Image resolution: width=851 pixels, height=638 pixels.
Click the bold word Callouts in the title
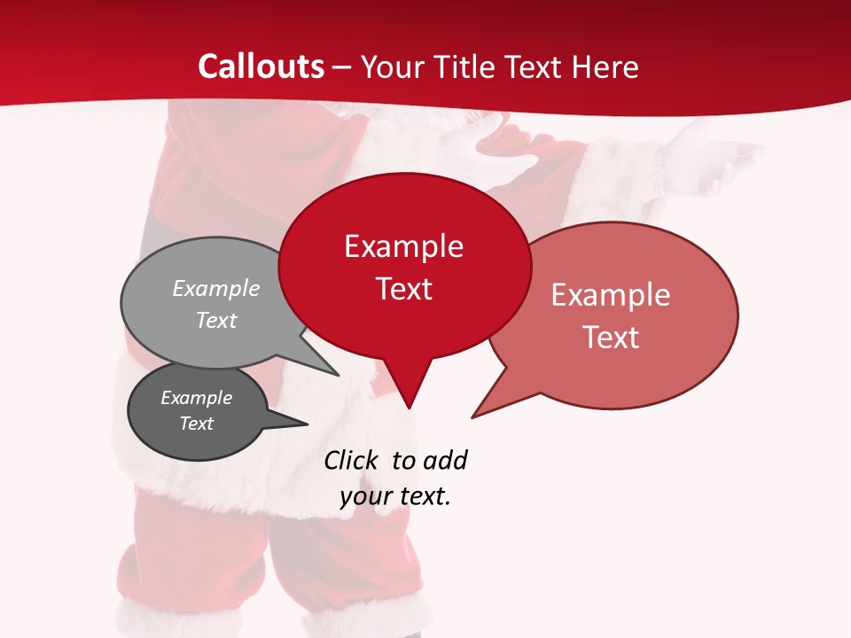click(x=261, y=66)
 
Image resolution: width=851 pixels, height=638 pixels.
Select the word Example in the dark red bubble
click(x=403, y=246)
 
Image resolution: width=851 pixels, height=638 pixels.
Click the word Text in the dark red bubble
click(x=404, y=289)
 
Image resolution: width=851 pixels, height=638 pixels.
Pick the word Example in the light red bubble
click(x=611, y=295)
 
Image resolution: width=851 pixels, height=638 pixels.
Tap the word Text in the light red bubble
click(x=612, y=338)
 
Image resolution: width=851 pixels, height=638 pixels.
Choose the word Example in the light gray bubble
click(x=216, y=289)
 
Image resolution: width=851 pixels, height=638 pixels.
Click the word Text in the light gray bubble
click(x=216, y=321)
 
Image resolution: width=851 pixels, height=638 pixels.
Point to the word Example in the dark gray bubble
click(x=197, y=398)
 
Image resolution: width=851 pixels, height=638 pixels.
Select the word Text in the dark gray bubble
click(x=197, y=424)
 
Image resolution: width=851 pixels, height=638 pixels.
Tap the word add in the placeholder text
click(x=445, y=461)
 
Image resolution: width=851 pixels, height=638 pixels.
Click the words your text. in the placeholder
click(x=395, y=496)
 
